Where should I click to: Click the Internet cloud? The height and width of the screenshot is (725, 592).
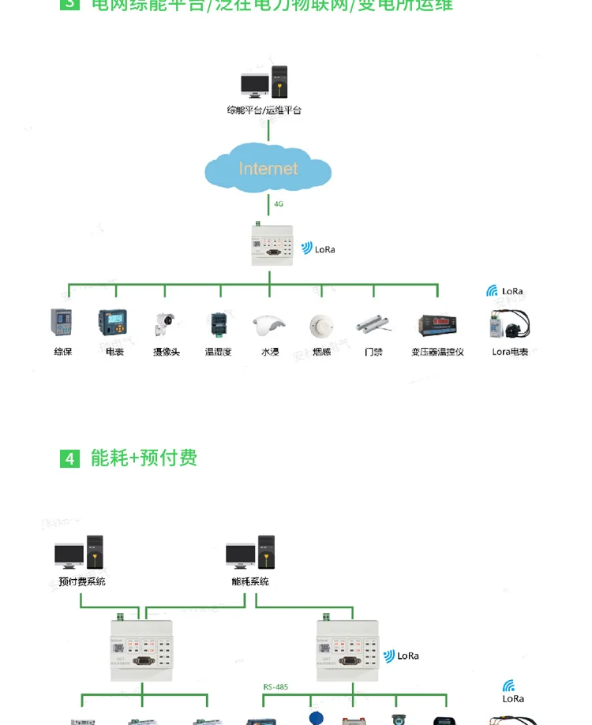coord(268,168)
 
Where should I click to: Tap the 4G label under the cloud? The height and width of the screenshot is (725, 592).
coord(278,204)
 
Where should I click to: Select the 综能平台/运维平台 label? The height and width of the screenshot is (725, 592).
coord(264,110)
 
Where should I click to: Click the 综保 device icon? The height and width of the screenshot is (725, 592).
coord(62,323)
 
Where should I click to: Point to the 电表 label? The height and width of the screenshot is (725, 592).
coord(114,352)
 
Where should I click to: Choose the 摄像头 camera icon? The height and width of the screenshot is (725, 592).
coord(166,323)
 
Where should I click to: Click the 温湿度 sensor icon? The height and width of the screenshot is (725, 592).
coord(217,323)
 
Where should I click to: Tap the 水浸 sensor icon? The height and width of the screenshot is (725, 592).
coord(270,324)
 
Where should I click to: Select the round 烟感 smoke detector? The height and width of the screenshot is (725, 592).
coord(320,325)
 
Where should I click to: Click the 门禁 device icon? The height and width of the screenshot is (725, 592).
coord(373,324)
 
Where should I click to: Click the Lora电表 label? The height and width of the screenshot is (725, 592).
coord(510,352)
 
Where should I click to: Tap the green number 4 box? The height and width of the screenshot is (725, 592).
coord(70,458)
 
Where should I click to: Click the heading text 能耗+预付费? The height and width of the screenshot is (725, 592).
coord(144,458)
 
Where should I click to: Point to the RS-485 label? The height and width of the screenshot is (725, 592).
coord(275,686)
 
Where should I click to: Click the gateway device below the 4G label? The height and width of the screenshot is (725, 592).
coord(270,244)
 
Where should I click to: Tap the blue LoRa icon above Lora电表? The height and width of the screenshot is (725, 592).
coord(492,291)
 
